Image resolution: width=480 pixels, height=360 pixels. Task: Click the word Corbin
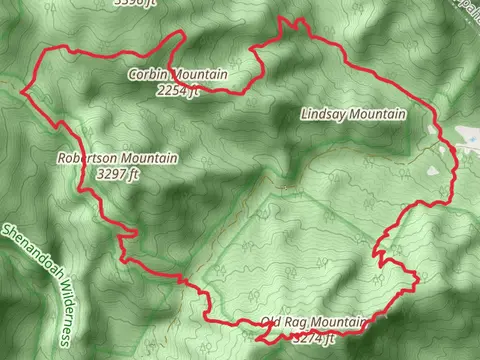pyautogui.click(x=147, y=75)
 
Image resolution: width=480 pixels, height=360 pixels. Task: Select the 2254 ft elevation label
pyautogui.click(x=179, y=90)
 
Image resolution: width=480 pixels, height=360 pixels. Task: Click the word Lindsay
pyautogui.click(x=322, y=115)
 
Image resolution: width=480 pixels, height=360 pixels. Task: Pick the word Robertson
pyautogui.click(x=88, y=158)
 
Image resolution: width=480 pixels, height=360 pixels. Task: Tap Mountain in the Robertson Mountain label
pyautogui.click(x=149, y=158)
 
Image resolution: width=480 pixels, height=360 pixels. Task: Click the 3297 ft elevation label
pyautogui.click(x=118, y=173)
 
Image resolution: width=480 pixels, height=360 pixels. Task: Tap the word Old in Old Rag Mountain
pyautogui.click(x=270, y=322)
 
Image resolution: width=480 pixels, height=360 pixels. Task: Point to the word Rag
pyautogui.click(x=295, y=322)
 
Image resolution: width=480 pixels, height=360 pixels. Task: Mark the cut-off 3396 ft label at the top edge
pyautogui.click(x=136, y=3)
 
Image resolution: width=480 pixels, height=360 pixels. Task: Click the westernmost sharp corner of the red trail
pyautogui.click(x=22, y=88)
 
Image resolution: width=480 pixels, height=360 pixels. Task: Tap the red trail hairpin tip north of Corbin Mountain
pyautogui.click(x=183, y=34)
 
